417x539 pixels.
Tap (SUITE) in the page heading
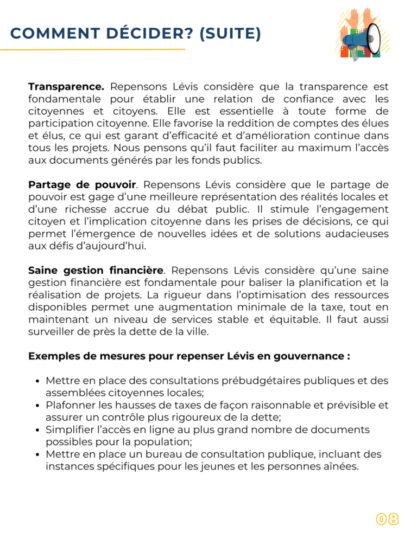tap(230, 34)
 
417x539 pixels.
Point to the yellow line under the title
tap(92, 49)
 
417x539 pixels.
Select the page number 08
tap(388, 519)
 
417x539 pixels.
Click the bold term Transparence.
tap(66, 87)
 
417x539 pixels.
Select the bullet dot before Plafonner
tap(34, 405)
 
